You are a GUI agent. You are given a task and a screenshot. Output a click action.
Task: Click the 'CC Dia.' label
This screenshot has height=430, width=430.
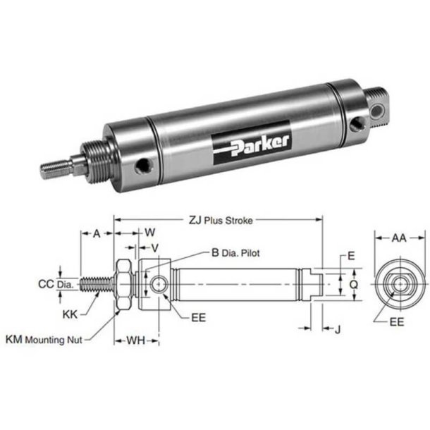coord(55,285)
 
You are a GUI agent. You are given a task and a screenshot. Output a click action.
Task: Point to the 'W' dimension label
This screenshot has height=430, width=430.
coord(149,232)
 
